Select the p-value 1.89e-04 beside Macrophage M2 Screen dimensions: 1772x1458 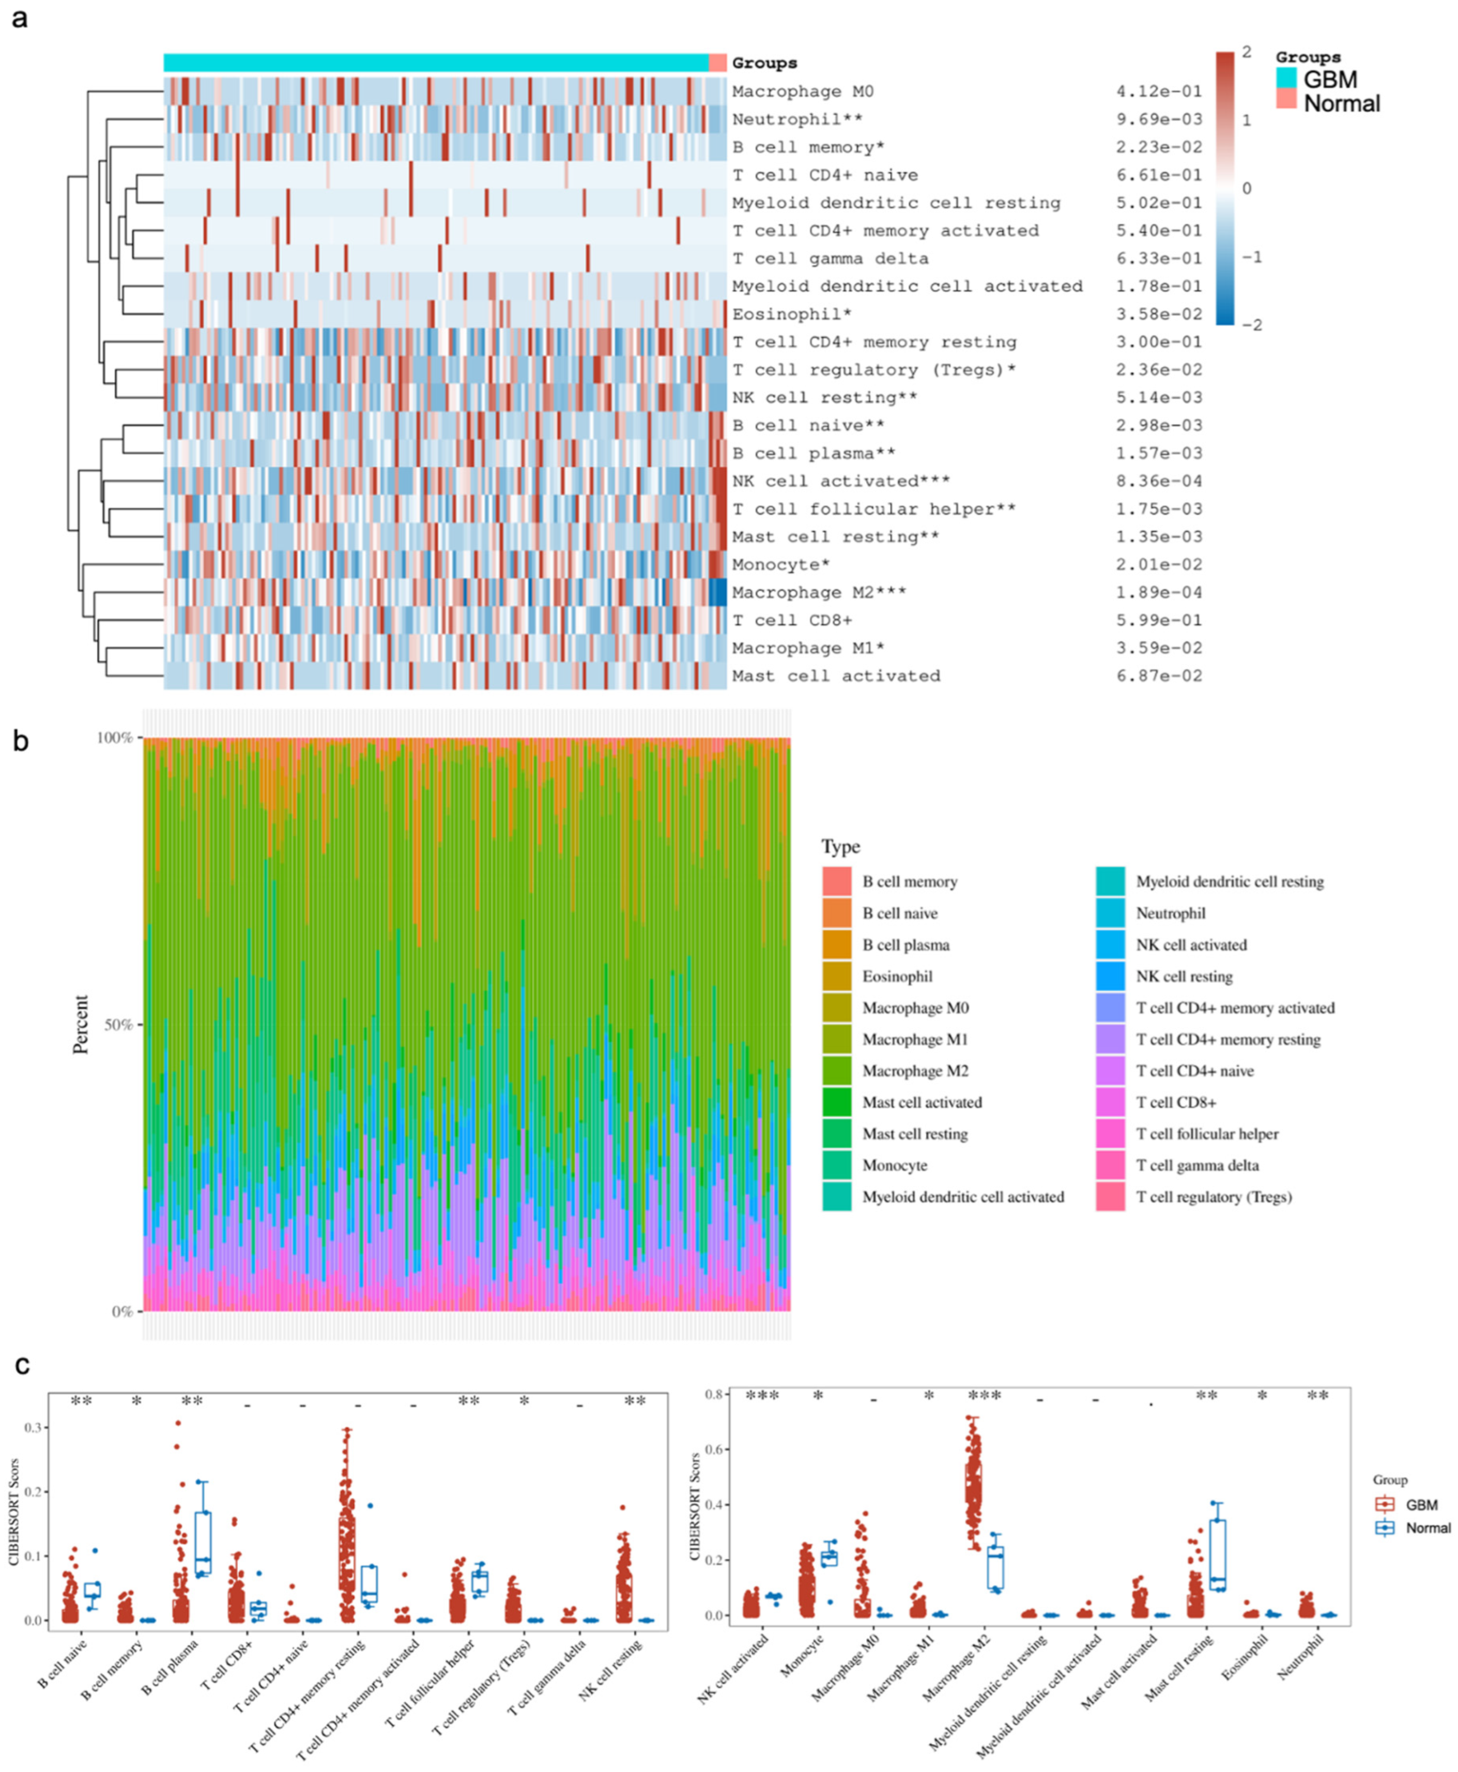[1158, 593]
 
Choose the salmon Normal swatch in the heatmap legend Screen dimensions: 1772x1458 [1286, 100]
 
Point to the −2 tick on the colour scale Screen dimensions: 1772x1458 [1251, 325]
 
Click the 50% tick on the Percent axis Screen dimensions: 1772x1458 [116, 1025]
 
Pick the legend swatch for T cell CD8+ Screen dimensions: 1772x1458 [1110, 1102]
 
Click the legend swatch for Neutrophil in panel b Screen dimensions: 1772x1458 [1110, 913]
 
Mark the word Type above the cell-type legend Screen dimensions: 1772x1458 [841, 846]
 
